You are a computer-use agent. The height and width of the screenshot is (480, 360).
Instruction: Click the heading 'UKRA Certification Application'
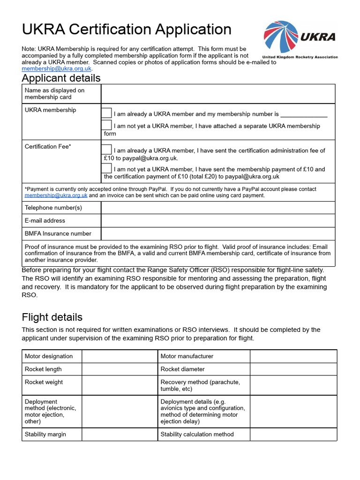point(127,29)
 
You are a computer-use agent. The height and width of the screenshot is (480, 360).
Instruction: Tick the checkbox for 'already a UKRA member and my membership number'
point(107,113)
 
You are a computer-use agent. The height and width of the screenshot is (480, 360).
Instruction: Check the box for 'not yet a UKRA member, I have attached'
point(107,125)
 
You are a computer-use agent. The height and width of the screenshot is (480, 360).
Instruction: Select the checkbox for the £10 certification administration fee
point(107,150)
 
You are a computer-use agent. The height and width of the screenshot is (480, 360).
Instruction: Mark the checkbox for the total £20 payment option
point(107,168)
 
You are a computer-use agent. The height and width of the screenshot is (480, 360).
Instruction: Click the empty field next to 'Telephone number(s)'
point(218,208)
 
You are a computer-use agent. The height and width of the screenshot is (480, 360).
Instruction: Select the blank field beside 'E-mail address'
point(218,221)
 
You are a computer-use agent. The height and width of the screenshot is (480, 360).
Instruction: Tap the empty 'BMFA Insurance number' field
point(218,233)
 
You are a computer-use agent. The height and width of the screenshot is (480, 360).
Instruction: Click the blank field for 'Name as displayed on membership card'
point(218,94)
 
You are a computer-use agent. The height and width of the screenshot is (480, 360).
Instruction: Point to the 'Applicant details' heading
point(61,78)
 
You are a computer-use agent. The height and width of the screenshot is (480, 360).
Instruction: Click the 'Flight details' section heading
point(52,317)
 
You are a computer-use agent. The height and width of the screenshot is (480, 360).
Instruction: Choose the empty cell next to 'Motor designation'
point(120,356)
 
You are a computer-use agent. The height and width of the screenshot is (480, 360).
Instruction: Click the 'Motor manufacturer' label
point(187,356)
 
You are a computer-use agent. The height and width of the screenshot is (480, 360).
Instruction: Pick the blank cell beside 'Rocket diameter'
point(293,369)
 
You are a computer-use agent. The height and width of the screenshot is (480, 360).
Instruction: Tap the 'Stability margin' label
point(45,434)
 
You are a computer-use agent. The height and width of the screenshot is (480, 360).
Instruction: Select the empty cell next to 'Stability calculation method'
point(293,434)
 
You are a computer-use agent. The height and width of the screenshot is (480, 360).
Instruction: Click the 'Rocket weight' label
point(44,382)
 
